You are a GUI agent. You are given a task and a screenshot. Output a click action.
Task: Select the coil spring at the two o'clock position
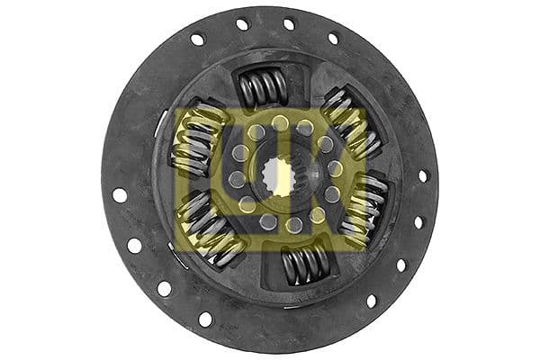point(348,117)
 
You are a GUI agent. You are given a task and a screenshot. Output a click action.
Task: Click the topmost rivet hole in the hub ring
point(280,120)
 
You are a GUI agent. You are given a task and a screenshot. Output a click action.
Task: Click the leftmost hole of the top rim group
point(197,40)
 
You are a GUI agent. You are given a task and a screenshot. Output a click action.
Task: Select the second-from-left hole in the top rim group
point(242,24)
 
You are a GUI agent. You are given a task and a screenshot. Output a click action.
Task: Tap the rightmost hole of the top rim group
point(333,39)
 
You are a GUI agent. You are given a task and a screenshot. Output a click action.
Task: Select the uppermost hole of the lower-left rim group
point(119,194)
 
